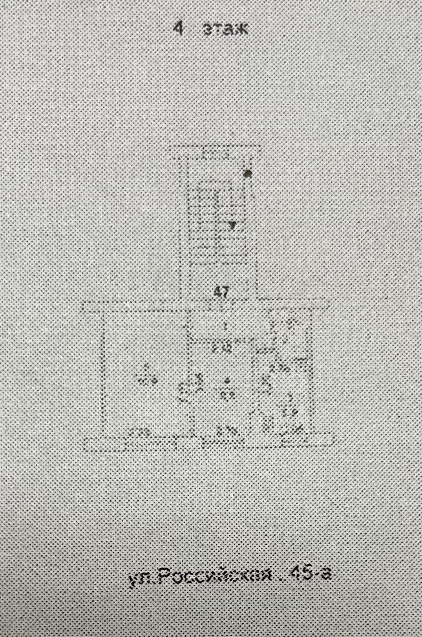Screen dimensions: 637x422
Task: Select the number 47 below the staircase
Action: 222,292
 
